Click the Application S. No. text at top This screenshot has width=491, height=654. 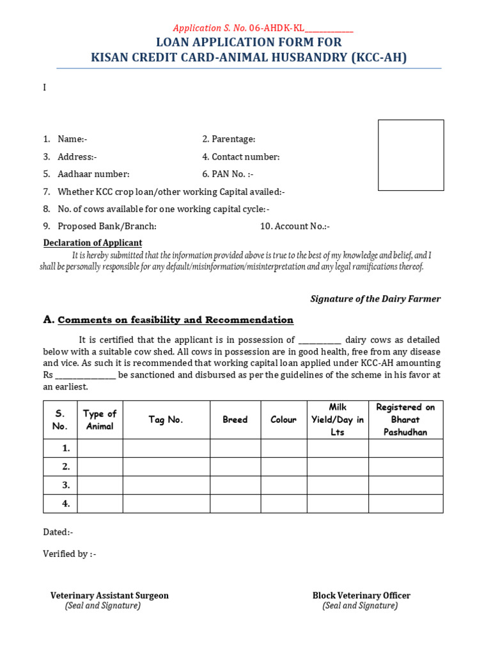pos(263,29)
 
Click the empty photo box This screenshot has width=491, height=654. pos(410,155)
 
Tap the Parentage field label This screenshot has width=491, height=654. pos(229,139)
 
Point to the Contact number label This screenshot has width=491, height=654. pos(241,157)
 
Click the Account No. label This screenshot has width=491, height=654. pos(295,226)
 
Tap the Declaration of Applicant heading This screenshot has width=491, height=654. pos(93,243)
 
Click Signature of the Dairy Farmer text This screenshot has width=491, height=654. pos(375,299)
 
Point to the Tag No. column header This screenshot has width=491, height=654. pos(166,420)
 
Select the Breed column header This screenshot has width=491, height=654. pos(235,420)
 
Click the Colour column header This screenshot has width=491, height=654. pos(283,420)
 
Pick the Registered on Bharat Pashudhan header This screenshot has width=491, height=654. pos(405,420)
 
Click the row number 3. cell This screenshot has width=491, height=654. pos(60,485)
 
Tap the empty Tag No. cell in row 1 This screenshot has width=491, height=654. pos(166,448)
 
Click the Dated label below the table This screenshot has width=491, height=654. pos(58,532)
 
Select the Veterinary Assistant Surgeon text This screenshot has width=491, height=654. pos(109,595)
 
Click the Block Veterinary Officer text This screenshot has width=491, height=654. pos(361,595)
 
